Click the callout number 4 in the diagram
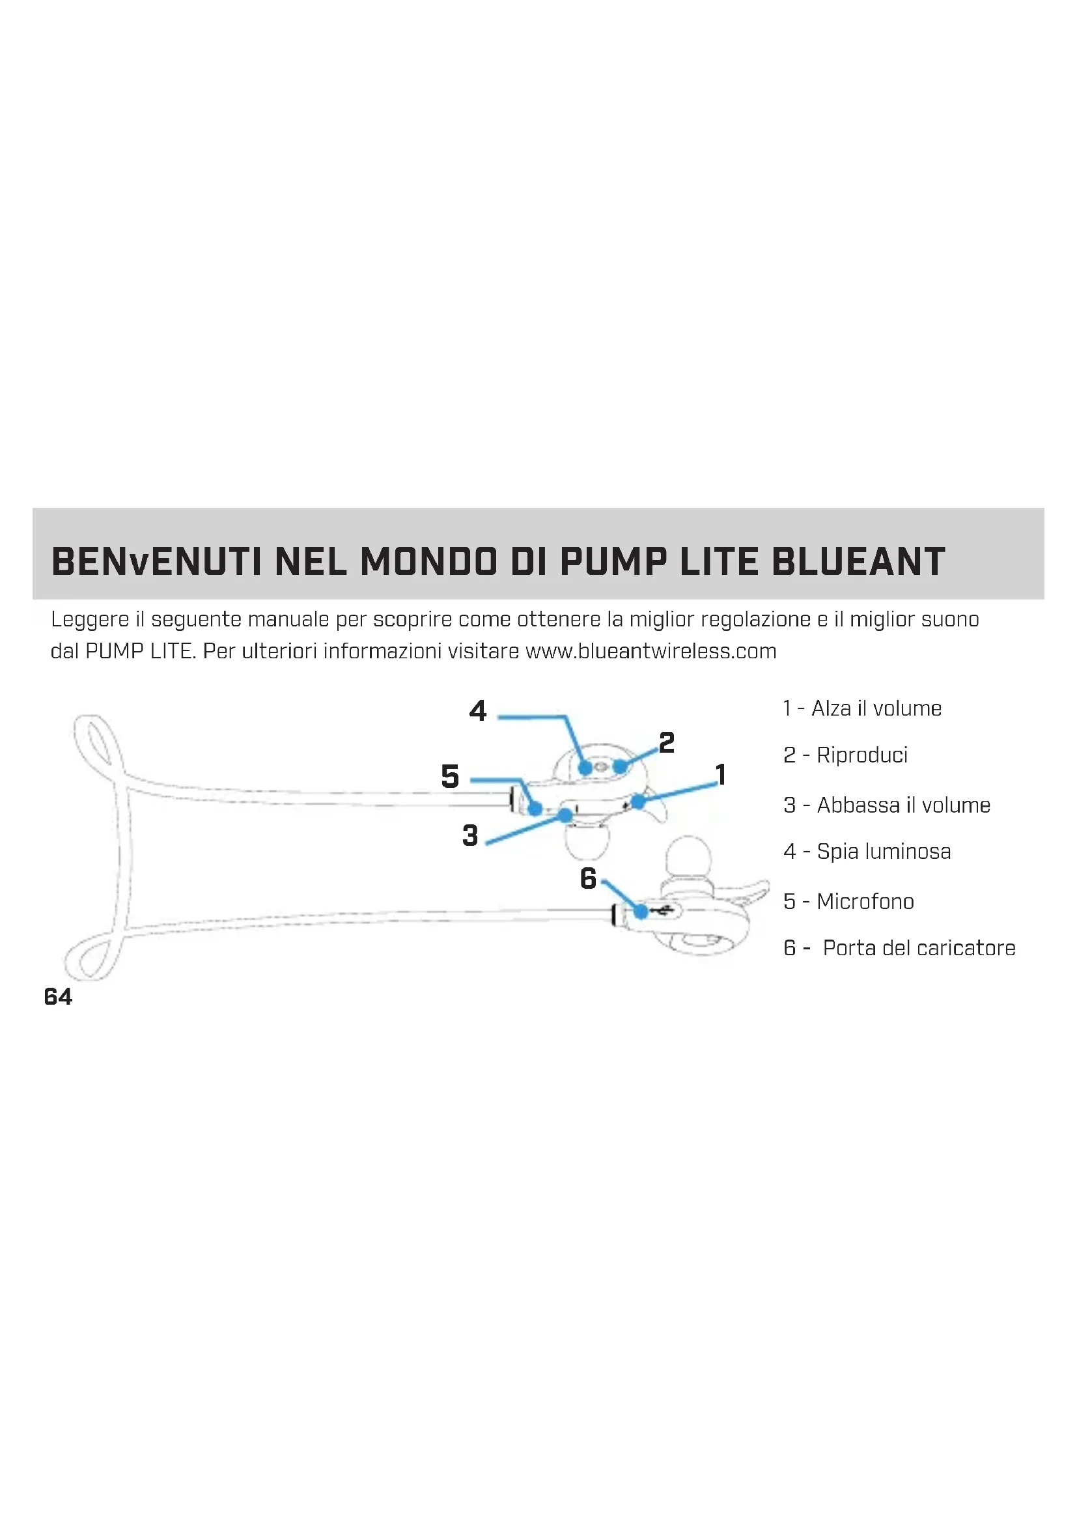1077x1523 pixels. (477, 711)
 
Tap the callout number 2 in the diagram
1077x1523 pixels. (667, 742)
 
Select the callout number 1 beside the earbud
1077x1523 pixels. (721, 774)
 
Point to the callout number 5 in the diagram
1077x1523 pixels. (451, 776)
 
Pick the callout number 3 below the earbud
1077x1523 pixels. (470, 835)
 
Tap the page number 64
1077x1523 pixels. (59, 996)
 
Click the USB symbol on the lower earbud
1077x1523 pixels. (662, 912)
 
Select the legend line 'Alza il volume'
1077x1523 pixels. (862, 708)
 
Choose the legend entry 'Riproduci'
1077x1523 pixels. (846, 755)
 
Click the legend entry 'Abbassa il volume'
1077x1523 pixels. (887, 805)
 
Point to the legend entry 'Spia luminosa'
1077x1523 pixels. (867, 851)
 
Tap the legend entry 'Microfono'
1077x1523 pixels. (849, 901)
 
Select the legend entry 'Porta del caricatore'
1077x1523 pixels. (899, 948)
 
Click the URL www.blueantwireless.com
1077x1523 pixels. (650, 650)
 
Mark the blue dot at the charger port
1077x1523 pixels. (641, 912)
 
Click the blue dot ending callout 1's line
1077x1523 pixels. (638, 802)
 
